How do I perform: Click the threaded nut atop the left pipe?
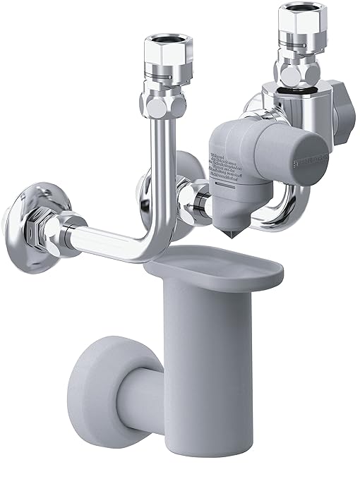tap(167, 50)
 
